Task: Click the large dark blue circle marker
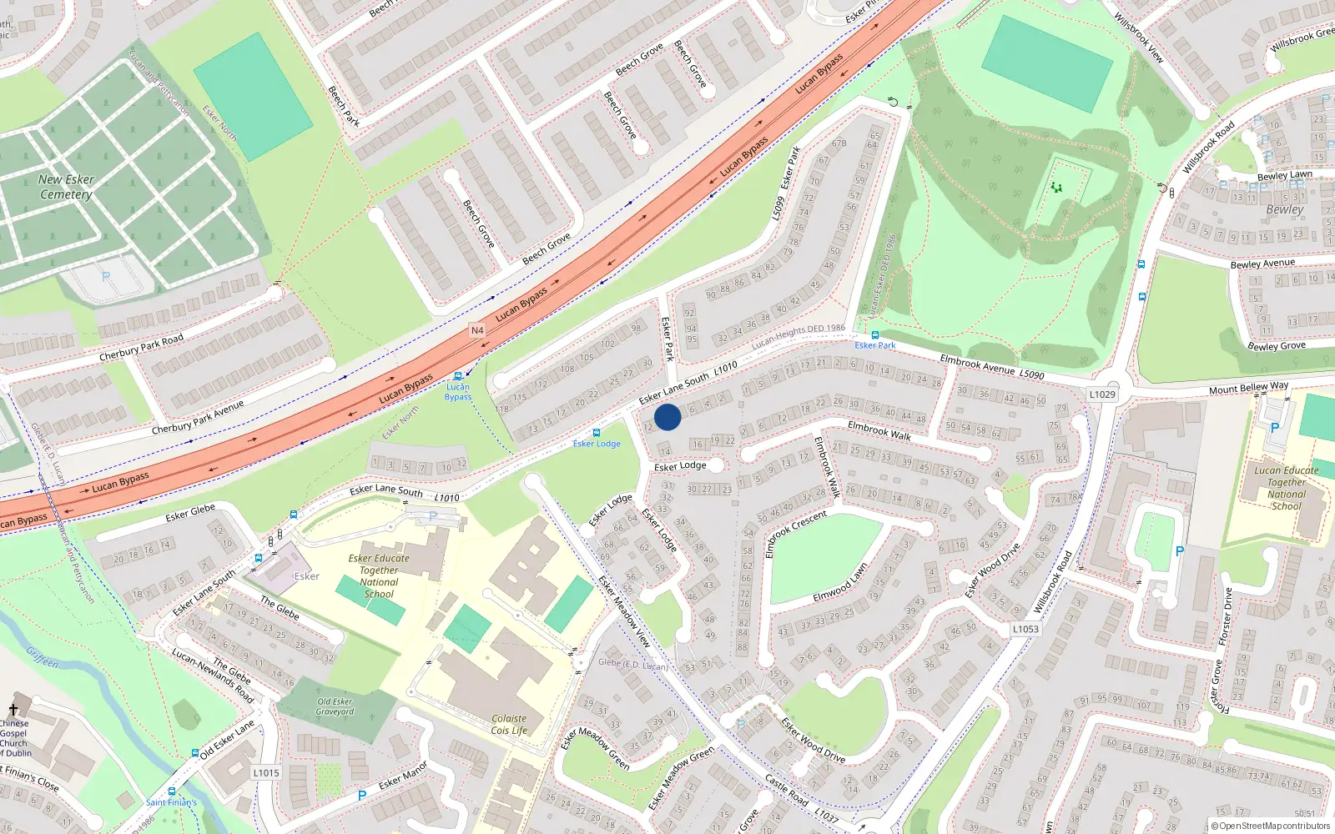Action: pyautogui.click(x=667, y=417)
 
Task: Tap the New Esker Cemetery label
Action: pyautogui.click(x=66, y=187)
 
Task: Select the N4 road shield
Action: pyautogui.click(x=477, y=330)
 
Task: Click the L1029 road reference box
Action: pyautogui.click(x=1102, y=394)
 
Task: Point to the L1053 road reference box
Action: pyautogui.click(x=1025, y=630)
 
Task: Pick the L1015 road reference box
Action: pyautogui.click(x=266, y=773)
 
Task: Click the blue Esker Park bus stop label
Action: pyautogui.click(x=874, y=345)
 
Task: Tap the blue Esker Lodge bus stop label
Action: pyautogui.click(x=597, y=444)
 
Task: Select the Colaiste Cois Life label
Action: pyautogui.click(x=509, y=724)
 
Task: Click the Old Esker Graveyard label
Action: pyautogui.click(x=335, y=706)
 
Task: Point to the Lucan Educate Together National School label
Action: pyautogui.click(x=1286, y=488)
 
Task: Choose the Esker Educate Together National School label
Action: pyautogui.click(x=379, y=576)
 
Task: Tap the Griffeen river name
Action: pyautogui.click(x=43, y=658)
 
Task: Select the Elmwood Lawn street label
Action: pyautogui.click(x=840, y=583)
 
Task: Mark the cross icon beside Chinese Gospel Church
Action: pyautogui.click(x=13, y=710)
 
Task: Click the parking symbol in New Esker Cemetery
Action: pyautogui.click(x=106, y=276)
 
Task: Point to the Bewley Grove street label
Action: pyautogui.click(x=1276, y=345)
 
